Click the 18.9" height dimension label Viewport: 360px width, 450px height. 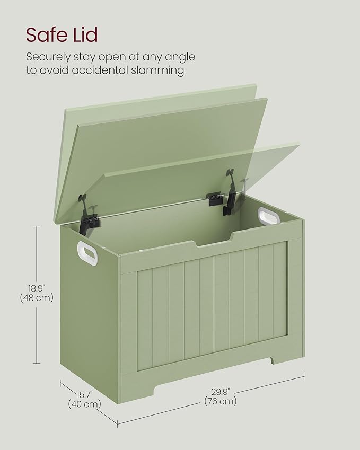37,288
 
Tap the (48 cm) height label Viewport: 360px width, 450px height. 37,298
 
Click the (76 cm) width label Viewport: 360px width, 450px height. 220,401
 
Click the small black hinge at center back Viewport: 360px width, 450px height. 214,198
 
